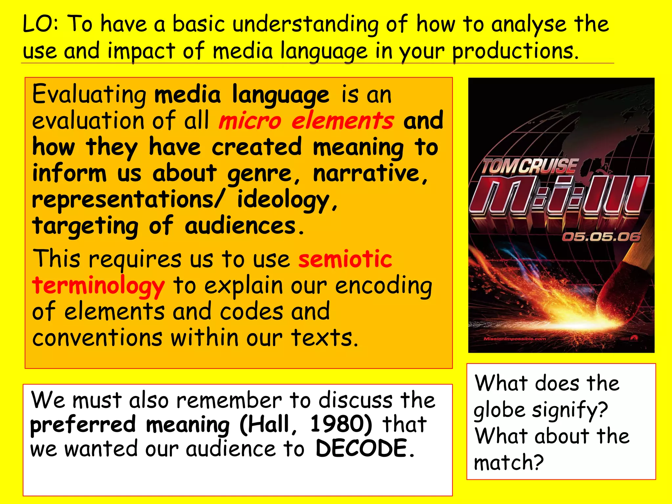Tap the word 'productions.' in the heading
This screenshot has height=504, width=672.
[x=515, y=52]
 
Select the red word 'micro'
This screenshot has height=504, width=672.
[x=250, y=121]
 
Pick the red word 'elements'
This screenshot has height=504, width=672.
[x=343, y=120]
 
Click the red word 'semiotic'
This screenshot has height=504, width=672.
[x=345, y=259]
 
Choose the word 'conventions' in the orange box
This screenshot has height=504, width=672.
[x=97, y=338]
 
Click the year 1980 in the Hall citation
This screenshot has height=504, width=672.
[x=341, y=424]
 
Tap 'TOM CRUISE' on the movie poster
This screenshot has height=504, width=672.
[x=529, y=166]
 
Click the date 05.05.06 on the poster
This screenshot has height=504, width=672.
[x=601, y=237]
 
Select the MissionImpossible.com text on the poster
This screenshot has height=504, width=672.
[x=514, y=339]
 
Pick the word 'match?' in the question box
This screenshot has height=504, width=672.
[x=509, y=463]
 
